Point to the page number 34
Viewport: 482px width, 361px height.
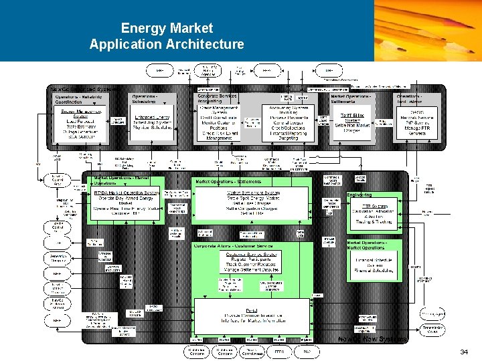coord(463,352)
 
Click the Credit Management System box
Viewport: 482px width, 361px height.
coord(218,121)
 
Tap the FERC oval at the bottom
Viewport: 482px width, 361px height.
coord(279,351)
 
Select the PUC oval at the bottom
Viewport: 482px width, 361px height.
coord(307,351)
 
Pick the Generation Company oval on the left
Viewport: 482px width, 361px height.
coord(58,257)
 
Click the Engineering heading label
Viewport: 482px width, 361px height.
coord(359,195)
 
